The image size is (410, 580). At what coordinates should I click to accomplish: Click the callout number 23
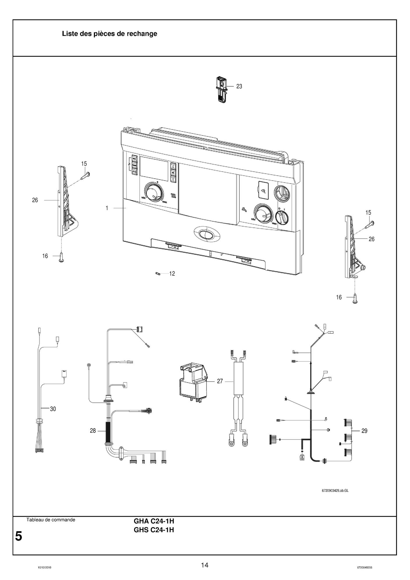[239, 86]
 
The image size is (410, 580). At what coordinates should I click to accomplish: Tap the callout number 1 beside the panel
[107, 208]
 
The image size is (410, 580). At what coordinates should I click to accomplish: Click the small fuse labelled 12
[158, 274]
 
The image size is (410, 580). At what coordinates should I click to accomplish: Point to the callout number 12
[172, 274]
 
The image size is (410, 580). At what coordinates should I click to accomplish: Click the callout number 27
[220, 381]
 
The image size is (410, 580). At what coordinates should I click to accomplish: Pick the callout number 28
[93, 431]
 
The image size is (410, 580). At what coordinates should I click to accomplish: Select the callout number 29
[364, 431]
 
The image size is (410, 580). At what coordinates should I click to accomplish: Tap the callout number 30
[53, 409]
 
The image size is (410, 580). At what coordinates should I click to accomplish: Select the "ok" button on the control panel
[173, 173]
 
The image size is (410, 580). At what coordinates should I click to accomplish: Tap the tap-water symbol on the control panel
[244, 209]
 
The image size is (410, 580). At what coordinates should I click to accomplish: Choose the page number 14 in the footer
[205, 565]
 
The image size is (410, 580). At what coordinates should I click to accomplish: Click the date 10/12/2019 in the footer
[45, 567]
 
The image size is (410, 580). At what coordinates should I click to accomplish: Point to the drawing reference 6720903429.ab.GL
[335, 490]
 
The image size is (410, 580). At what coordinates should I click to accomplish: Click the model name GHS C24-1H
[154, 530]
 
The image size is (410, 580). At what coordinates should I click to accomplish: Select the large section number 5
[19, 536]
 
